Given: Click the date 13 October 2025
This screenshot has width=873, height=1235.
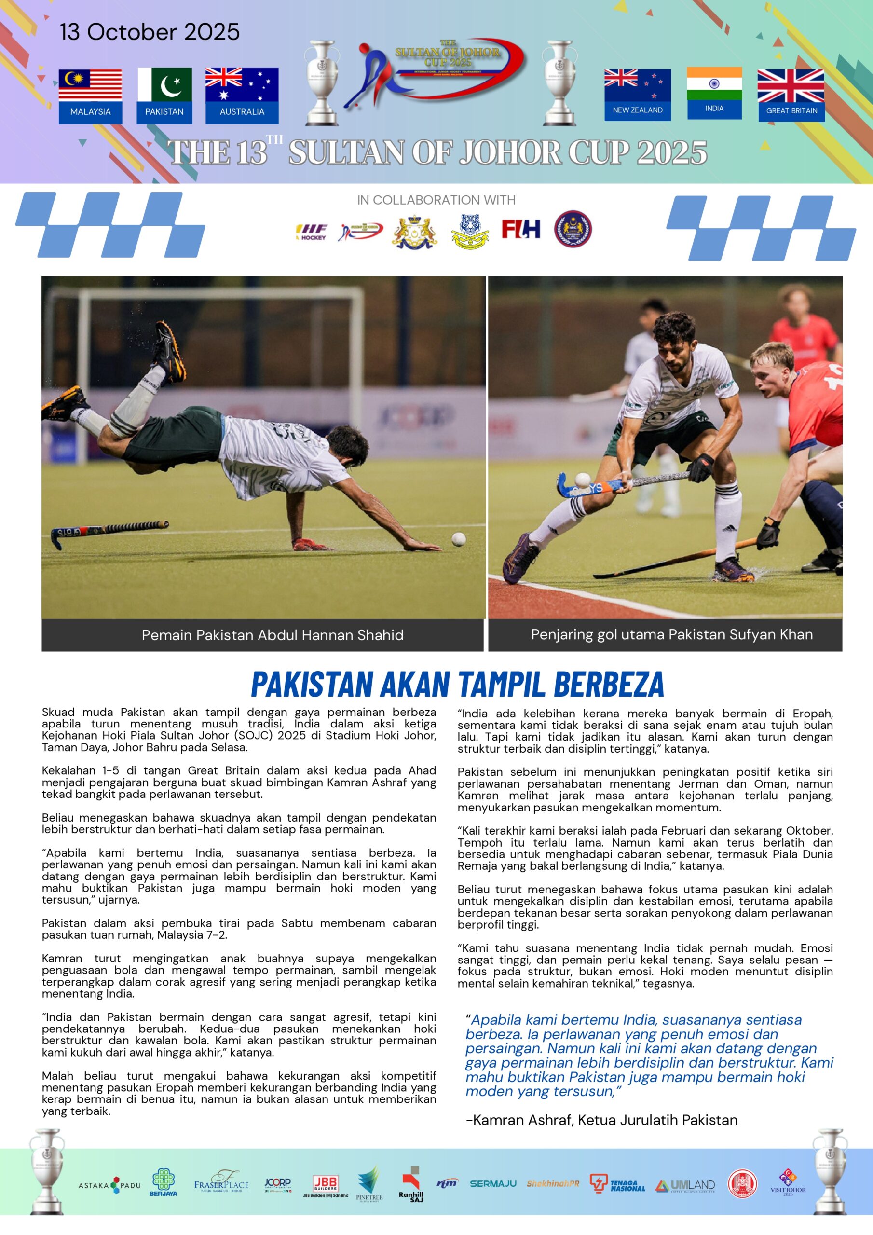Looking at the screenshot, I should (150, 32).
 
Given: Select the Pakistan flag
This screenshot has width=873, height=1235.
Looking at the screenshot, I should (164, 84).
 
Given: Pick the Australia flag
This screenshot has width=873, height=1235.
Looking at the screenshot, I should (242, 84).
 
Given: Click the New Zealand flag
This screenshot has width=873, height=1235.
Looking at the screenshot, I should (638, 85).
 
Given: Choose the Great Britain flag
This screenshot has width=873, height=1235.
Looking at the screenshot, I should (791, 86).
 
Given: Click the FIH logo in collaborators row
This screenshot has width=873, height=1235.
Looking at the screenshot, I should (521, 229).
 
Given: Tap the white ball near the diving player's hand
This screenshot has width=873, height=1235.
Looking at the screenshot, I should (458, 539).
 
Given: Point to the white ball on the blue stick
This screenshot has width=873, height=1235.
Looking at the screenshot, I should (583, 479).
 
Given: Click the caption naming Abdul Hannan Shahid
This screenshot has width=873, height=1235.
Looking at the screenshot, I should (272, 635).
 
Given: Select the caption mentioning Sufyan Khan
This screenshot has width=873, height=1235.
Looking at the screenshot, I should (671, 635).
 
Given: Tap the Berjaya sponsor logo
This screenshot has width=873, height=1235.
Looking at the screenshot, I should (164, 1183).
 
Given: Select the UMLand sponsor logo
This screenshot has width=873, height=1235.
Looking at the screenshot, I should (685, 1185).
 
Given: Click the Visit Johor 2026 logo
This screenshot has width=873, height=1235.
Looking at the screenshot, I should (788, 1183).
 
